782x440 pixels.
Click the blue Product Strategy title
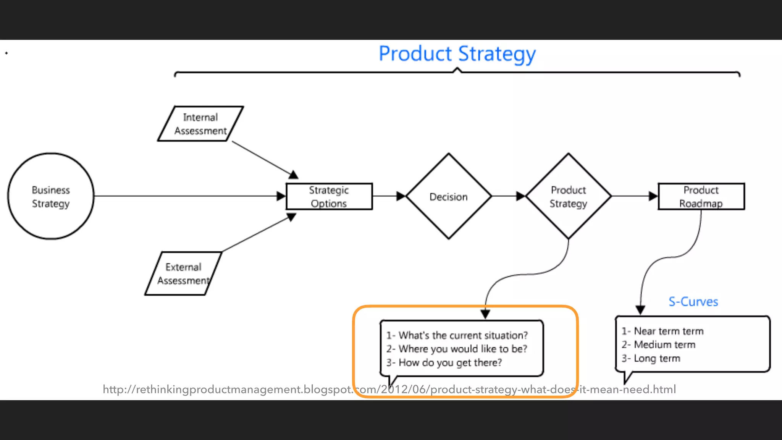(457, 54)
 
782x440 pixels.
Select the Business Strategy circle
(51, 196)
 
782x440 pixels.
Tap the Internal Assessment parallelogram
(200, 124)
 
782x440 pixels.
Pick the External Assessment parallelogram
(183, 273)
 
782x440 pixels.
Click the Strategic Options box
(329, 196)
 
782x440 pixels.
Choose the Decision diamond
(448, 196)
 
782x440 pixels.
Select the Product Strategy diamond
(568, 196)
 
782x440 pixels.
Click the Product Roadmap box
(701, 196)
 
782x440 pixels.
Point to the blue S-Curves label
(693, 302)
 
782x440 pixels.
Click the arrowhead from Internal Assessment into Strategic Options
(293, 175)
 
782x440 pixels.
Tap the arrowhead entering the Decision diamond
(401, 196)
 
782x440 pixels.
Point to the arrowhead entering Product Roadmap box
(653, 196)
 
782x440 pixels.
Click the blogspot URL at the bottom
(389, 390)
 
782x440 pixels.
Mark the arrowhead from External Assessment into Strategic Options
(291, 217)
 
